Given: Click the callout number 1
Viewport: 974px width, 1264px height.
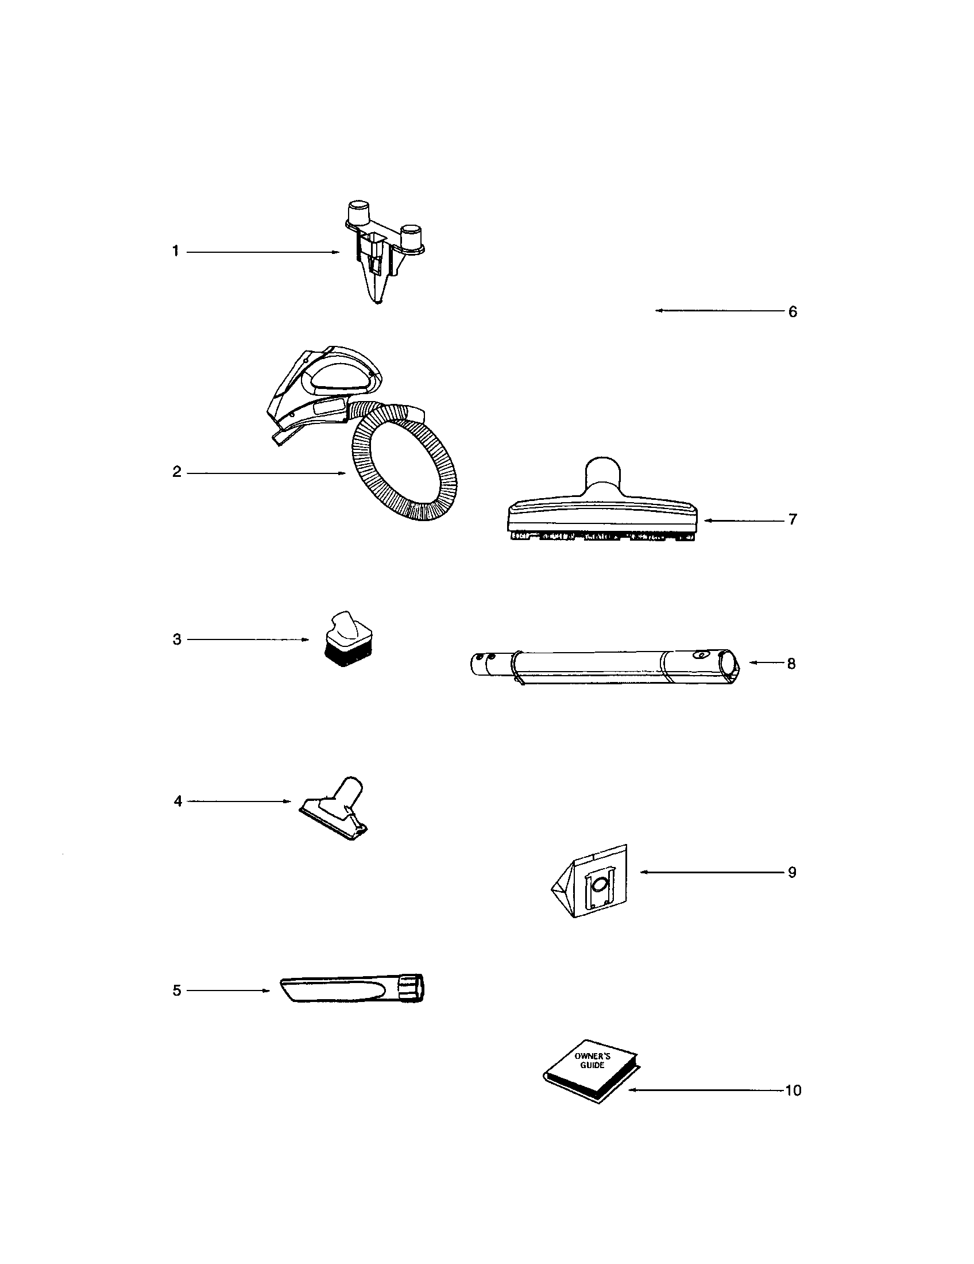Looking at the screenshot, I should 175,252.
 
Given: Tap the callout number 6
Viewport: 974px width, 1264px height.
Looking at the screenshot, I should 793,311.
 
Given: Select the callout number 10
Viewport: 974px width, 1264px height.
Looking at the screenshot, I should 793,1090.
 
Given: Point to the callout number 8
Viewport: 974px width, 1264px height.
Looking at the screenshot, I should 791,663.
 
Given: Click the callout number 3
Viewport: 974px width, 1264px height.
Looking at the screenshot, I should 177,639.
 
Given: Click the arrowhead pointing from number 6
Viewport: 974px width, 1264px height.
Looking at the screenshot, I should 658,311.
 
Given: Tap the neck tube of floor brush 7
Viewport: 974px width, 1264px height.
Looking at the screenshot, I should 604,476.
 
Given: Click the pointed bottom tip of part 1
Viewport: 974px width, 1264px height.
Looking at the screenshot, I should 378,300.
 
